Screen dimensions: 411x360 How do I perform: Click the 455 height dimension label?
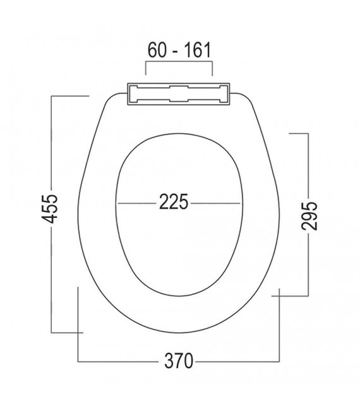tap(53, 208)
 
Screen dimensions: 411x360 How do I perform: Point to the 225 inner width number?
tap(173, 203)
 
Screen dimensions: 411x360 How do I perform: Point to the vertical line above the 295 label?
tap(308, 164)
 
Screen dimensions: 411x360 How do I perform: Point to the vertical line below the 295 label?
tap(308, 265)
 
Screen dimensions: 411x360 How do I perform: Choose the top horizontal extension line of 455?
tap(69, 96)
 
